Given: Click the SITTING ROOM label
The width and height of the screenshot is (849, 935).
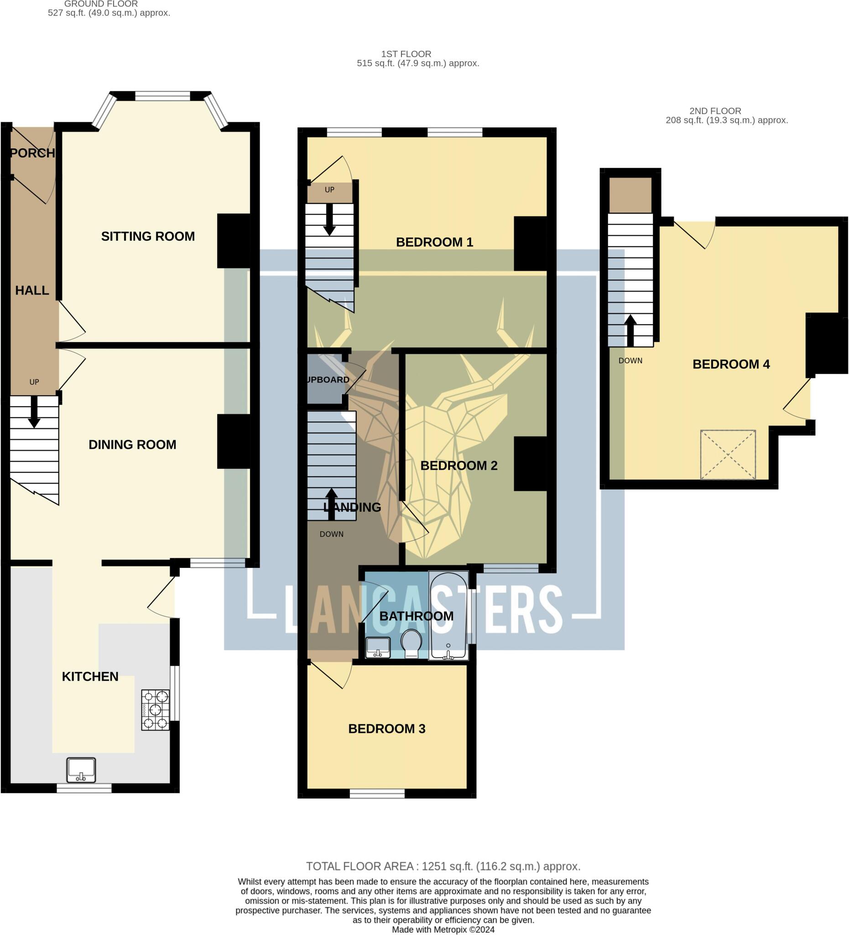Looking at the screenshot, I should pos(148,236).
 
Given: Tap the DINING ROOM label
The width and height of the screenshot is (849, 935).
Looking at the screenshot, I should pos(132,445).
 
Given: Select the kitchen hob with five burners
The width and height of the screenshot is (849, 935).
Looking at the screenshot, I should pos(155,710).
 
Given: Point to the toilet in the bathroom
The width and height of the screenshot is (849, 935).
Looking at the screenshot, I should pos(411,643).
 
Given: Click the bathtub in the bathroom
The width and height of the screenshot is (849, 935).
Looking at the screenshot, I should pos(448,615).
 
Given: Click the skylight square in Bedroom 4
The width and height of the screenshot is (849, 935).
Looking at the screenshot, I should pos(728,455).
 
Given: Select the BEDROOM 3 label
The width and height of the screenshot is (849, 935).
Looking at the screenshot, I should pos(386,729).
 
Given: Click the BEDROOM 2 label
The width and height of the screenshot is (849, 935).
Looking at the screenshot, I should pos(458,466).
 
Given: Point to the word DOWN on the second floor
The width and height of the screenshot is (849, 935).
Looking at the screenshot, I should pos(630,361).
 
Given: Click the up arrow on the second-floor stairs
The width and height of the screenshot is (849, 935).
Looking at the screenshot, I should pos(630,330).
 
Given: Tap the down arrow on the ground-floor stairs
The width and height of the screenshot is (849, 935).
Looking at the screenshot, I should pos(34,411).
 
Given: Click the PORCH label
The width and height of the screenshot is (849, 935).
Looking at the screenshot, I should pos(32,153).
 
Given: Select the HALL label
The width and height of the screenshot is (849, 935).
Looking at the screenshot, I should pos(32,290).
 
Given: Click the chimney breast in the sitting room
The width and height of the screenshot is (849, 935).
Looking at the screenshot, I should pos(234,240).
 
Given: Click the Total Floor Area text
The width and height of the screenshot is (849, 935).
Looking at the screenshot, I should pos(443,867).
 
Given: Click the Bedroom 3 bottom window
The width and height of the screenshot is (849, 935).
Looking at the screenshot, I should pos(377,795).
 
